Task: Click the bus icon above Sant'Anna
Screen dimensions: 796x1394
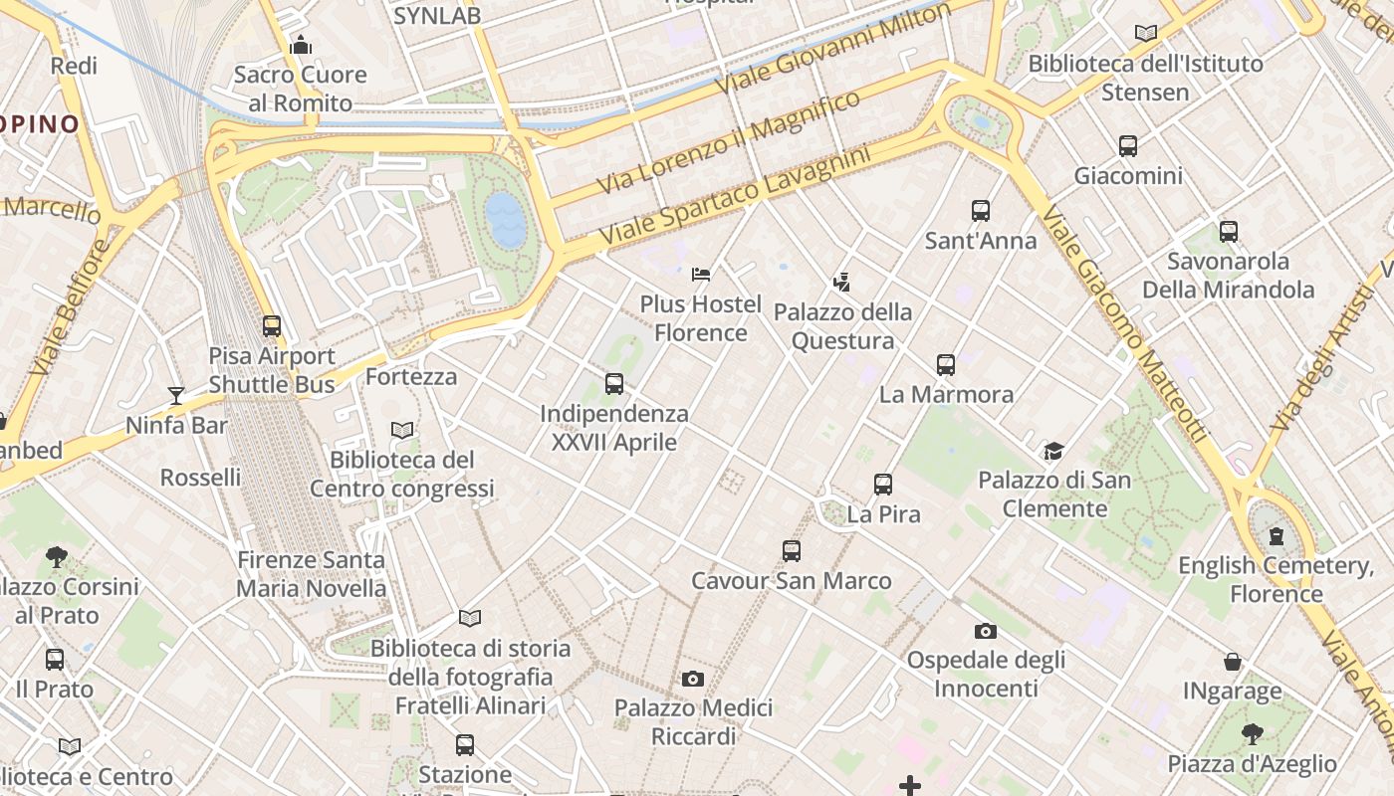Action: (x=981, y=211)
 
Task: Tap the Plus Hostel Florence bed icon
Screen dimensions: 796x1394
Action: (x=701, y=274)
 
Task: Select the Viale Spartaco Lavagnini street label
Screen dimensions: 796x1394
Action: (x=735, y=196)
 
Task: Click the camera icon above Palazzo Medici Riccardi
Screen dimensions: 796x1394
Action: (x=693, y=680)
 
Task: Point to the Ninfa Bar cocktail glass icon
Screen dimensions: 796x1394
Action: (x=176, y=396)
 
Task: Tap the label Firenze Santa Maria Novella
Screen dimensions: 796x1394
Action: (x=311, y=574)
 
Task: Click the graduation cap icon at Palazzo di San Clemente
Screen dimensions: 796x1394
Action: (x=1053, y=452)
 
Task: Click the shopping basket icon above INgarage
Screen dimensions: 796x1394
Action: (x=1233, y=662)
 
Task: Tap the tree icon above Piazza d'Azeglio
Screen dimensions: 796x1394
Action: (x=1253, y=734)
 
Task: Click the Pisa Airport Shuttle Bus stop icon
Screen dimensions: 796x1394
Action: (x=272, y=326)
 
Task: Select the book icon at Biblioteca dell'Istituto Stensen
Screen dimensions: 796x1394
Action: (x=1146, y=34)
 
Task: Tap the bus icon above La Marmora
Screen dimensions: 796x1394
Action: (x=946, y=365)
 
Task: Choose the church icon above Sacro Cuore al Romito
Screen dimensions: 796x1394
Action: (x=300, y=45)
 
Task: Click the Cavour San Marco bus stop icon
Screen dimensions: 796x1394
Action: (x=792, y=551)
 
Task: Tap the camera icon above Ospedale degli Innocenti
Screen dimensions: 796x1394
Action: (x=986, y=631)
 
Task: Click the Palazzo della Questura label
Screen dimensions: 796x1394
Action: (x=842, y=326)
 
